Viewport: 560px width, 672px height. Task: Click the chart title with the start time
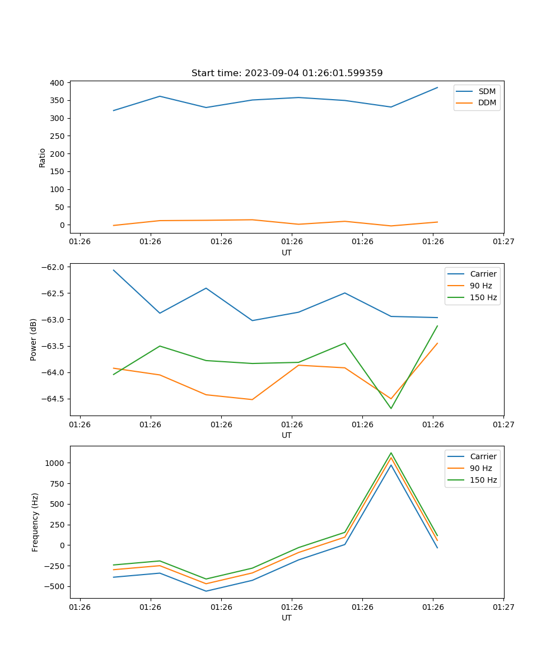tap(287, 73)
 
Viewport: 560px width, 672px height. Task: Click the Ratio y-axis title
tap(43, 157)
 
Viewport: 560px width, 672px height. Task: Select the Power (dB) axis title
tap(34, 339)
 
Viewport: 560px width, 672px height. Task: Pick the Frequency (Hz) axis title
tap(35, 522)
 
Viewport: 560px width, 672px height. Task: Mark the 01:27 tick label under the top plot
tap(503, 242)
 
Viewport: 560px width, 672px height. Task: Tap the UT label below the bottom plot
tap(287, 618)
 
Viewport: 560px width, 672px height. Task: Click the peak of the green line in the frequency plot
tap(391, 453)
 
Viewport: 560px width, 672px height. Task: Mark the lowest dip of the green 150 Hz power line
tap(391, 408)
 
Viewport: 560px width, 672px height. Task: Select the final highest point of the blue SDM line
tap(437, 87)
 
